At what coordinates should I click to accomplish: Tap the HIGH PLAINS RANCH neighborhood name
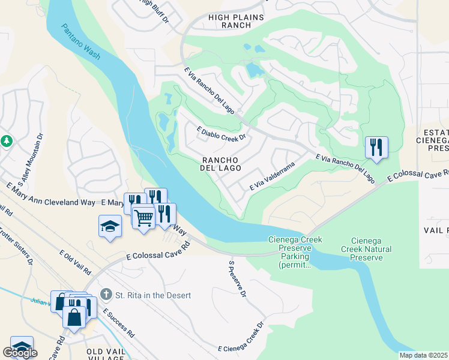[236, 22]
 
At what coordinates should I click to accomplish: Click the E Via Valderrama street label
[273, 176]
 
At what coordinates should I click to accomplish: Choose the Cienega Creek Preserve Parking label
[295, 252]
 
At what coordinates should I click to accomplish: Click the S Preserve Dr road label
[238, 279]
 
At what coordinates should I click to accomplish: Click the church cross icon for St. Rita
[106, 295]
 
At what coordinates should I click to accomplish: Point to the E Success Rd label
[118, 323]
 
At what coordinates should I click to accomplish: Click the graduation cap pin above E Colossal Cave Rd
[110, 226]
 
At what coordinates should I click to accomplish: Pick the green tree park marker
[7, 140]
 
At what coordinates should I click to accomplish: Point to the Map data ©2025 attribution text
[424, 355]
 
